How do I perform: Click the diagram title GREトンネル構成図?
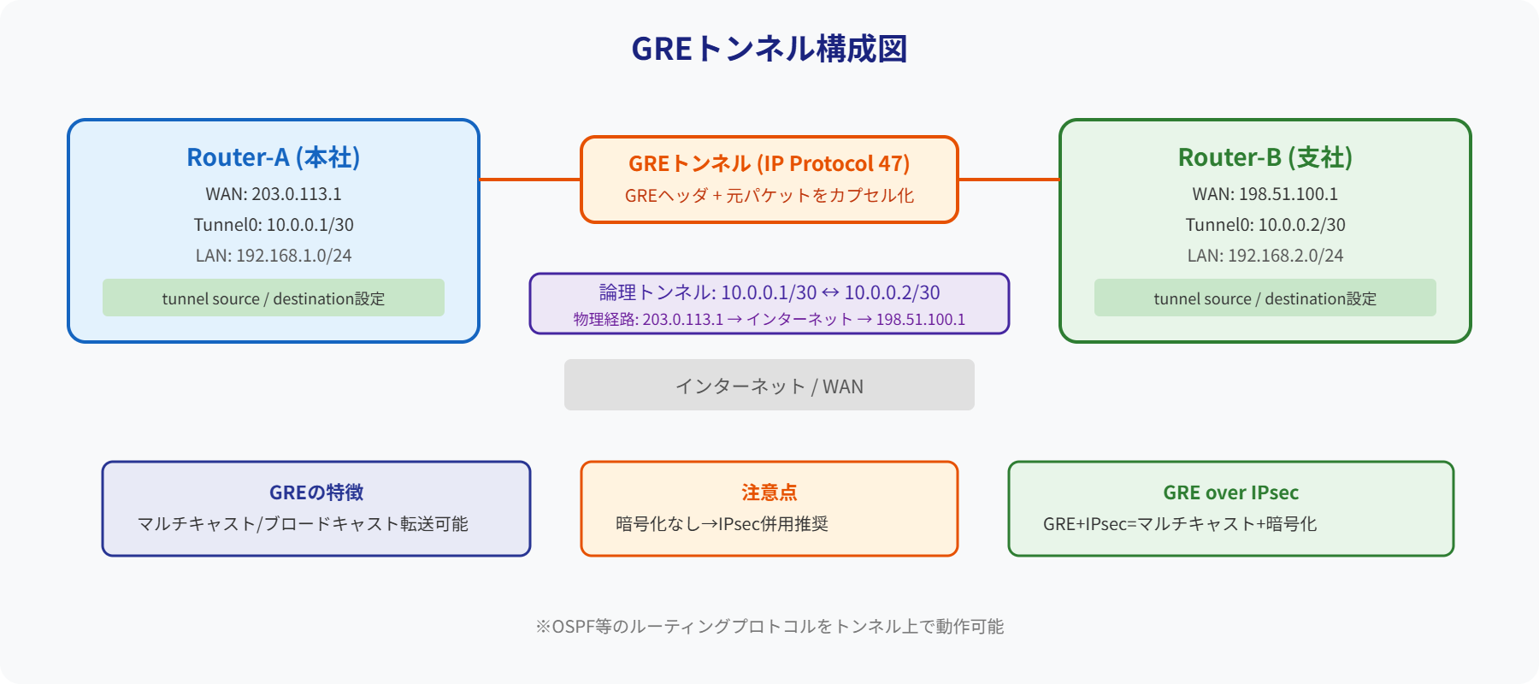point(769,49)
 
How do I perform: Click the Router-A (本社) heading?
point(274,157)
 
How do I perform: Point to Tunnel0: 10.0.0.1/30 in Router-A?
point(274,225)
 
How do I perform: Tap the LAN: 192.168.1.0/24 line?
point(274,256)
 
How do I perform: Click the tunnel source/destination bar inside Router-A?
point(274,298)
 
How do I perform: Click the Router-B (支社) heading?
point(1265,157)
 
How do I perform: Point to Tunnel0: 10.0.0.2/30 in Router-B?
point(1265,225)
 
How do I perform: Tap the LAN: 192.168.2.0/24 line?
point(1265,256)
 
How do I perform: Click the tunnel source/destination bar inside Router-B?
point(1265,298)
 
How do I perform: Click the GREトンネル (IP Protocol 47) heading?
point(769,163)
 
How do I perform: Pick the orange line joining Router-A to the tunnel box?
point(530,180)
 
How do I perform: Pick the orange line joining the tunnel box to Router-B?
point(1009,180)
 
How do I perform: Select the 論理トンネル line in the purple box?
point(769,292)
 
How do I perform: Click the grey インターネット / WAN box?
point(769,385)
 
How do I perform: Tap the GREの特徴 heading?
point(316,492)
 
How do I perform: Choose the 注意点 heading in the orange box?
point(769,492)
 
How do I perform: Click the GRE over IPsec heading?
point(1230,492)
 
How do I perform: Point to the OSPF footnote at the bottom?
point(769,627)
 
